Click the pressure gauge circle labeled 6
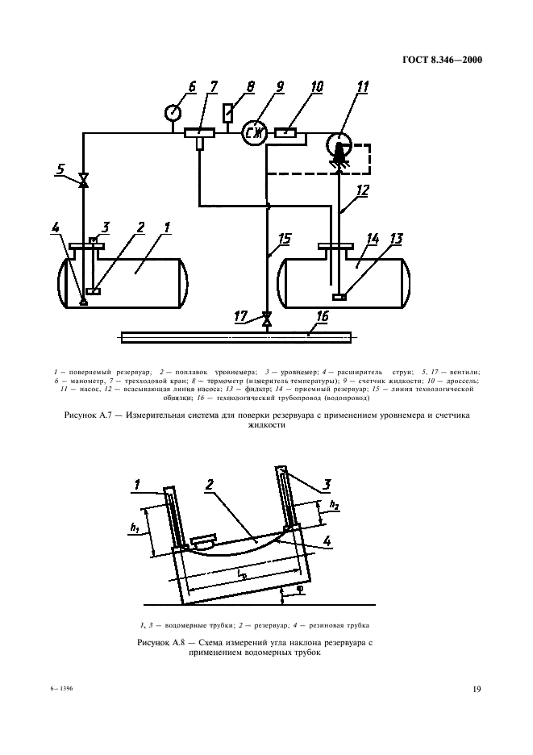173,113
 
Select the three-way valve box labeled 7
199,131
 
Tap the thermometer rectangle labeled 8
227,113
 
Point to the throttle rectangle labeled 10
286,131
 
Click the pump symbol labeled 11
339,145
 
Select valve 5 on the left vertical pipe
83,181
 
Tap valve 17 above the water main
266,319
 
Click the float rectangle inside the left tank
93,290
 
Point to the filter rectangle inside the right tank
340,297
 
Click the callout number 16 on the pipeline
322,316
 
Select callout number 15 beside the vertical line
285,238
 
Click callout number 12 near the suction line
362,190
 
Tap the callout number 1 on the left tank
167,227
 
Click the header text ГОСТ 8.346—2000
442,60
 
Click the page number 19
477,689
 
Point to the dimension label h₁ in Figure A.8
135,528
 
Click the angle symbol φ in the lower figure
299,590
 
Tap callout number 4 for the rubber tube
327,540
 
